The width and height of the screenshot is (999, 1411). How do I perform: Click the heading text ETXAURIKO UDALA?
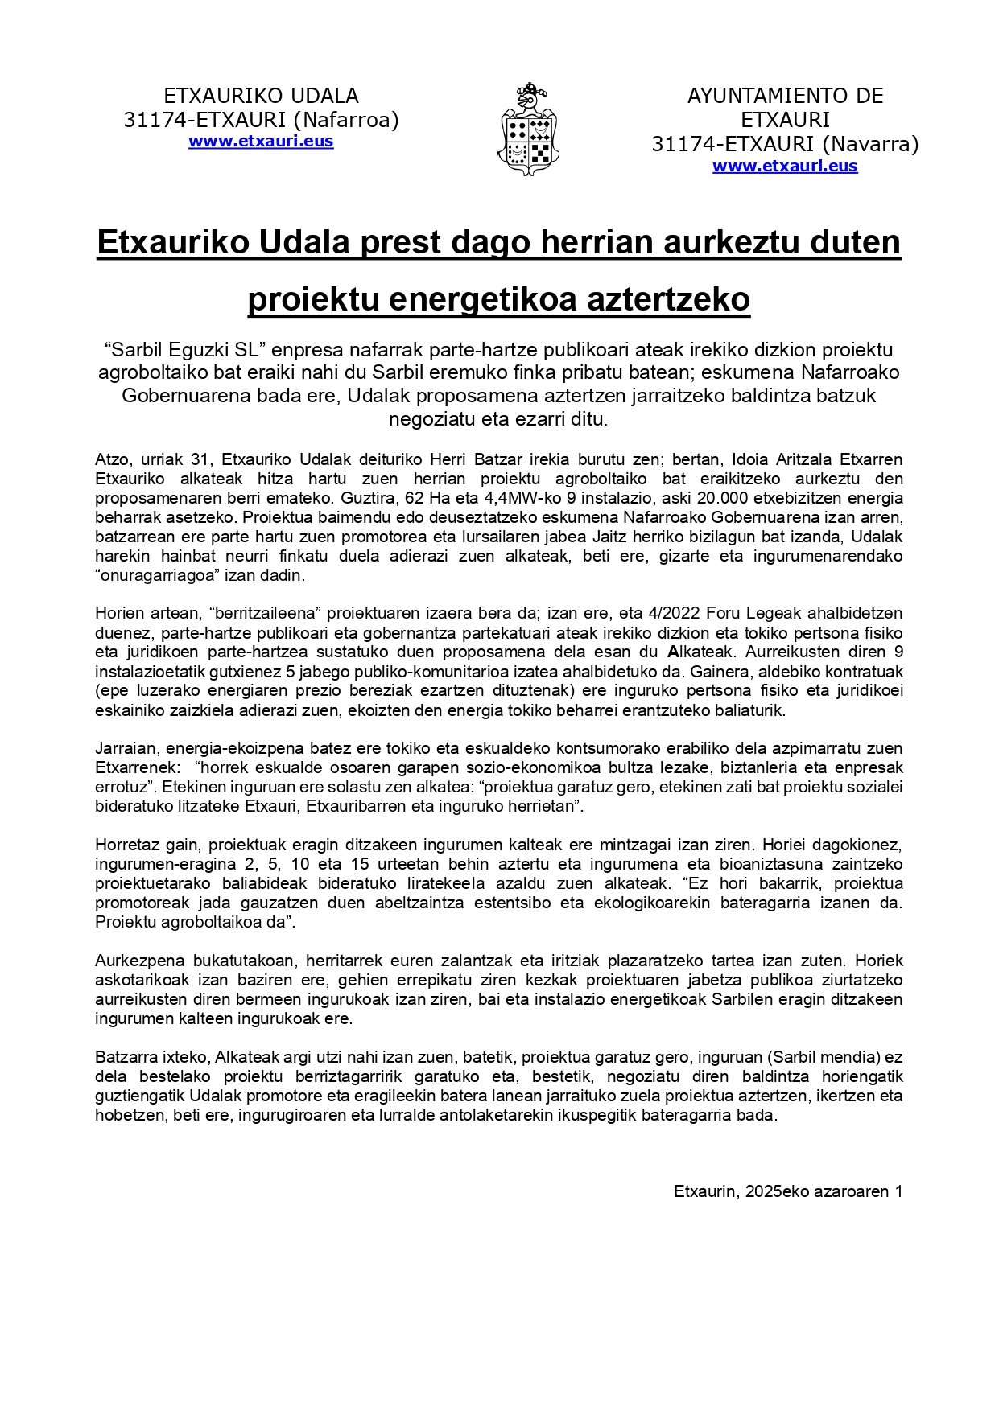pos(261,96)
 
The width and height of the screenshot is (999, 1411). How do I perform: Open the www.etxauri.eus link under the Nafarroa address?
pos(261,142)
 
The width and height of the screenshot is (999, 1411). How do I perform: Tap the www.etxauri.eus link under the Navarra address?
pos(785,167)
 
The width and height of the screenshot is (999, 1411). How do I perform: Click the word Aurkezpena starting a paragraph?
pos(138,961)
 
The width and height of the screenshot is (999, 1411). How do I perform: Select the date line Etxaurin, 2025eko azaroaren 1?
pos(787,1191)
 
